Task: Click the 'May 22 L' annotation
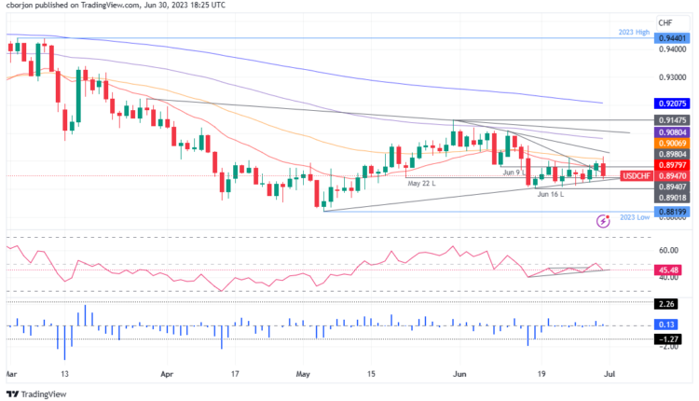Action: pos(422,184)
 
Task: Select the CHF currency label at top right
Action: pos(665,22)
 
